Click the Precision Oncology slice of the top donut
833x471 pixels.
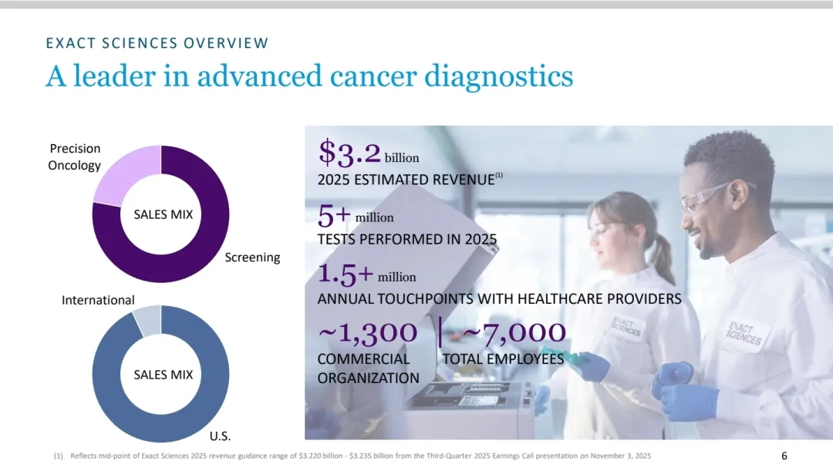click(x=123, y=174)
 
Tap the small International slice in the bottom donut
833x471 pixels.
click(x=147, y=319)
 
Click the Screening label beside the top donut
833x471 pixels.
click(x=252, y=257)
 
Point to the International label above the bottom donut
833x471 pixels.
click(x=98, y=300)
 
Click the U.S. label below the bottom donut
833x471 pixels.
click(x=221, y=436)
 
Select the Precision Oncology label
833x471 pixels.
click(x=75, y=156)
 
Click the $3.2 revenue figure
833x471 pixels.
click(x=349, y=153)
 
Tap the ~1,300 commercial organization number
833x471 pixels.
click(x=367, y=332)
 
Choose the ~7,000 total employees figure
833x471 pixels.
click(x=513, y=332)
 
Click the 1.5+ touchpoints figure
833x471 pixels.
click(x=346, y=273)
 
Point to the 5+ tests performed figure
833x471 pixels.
click(x=335, y=214)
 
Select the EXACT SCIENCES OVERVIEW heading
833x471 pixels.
click(x=157, y=43)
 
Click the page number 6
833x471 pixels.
click(x=784, y=456)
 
